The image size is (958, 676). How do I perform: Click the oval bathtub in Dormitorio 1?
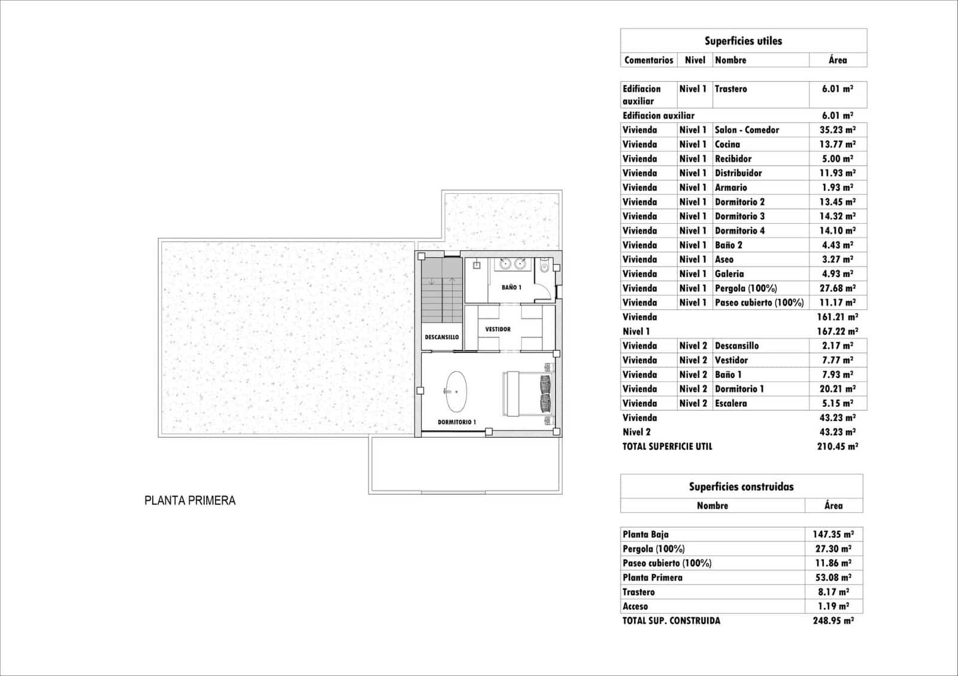(457, 391)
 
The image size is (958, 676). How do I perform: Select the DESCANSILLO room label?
(442, 337)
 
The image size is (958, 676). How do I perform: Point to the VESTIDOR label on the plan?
(498, 329)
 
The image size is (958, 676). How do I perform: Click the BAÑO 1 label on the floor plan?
(511, 287)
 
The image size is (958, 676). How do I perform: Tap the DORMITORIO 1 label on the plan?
(456, 422)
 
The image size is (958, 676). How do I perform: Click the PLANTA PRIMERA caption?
(190, 501)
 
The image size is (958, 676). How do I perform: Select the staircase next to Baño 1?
(442, 290)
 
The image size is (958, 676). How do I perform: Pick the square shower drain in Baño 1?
(478, 264)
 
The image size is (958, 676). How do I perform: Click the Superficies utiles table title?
(743, 41)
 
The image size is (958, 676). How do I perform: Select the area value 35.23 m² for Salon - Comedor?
(837, 130)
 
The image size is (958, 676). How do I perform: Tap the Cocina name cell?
(727, 144)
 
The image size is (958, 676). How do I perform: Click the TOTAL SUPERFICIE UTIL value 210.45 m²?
(837, 446)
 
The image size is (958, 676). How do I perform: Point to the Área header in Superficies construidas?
(833, 506)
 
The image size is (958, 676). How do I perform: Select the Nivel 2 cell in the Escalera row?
(693, 403)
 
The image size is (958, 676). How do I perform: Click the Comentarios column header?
(648, 60)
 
